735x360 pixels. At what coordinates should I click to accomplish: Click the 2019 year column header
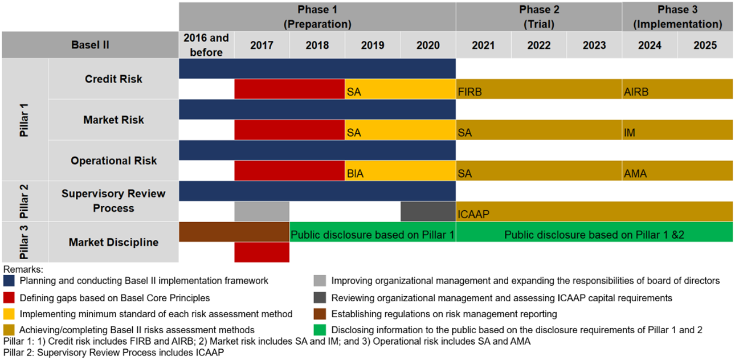[373, 45]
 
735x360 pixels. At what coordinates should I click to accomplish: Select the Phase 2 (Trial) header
[538, 17]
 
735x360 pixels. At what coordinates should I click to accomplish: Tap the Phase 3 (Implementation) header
[677, 17]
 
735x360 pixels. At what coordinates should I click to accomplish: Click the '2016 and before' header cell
[206, 45]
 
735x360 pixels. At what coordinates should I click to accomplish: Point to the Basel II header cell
[90, 45]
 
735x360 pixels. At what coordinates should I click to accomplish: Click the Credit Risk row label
[113, 79]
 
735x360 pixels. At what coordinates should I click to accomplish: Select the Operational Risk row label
[113, 161]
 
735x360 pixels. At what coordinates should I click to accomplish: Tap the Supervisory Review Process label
[113, 201]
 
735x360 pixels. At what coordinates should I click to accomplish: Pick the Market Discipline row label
[113, 242]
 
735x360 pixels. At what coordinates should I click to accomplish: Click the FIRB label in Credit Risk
[470, 92]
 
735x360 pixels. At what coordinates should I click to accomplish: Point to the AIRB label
[636, 92]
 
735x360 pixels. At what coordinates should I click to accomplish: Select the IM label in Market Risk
[630, 133]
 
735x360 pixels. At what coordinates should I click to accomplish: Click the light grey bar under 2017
[262, 211]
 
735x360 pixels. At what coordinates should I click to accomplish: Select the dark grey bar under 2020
[428, 211]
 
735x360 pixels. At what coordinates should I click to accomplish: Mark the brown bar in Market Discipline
[234, 232]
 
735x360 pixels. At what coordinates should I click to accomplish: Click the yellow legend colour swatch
[9, 314]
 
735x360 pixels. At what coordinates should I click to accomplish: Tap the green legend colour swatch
[321, 329]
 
